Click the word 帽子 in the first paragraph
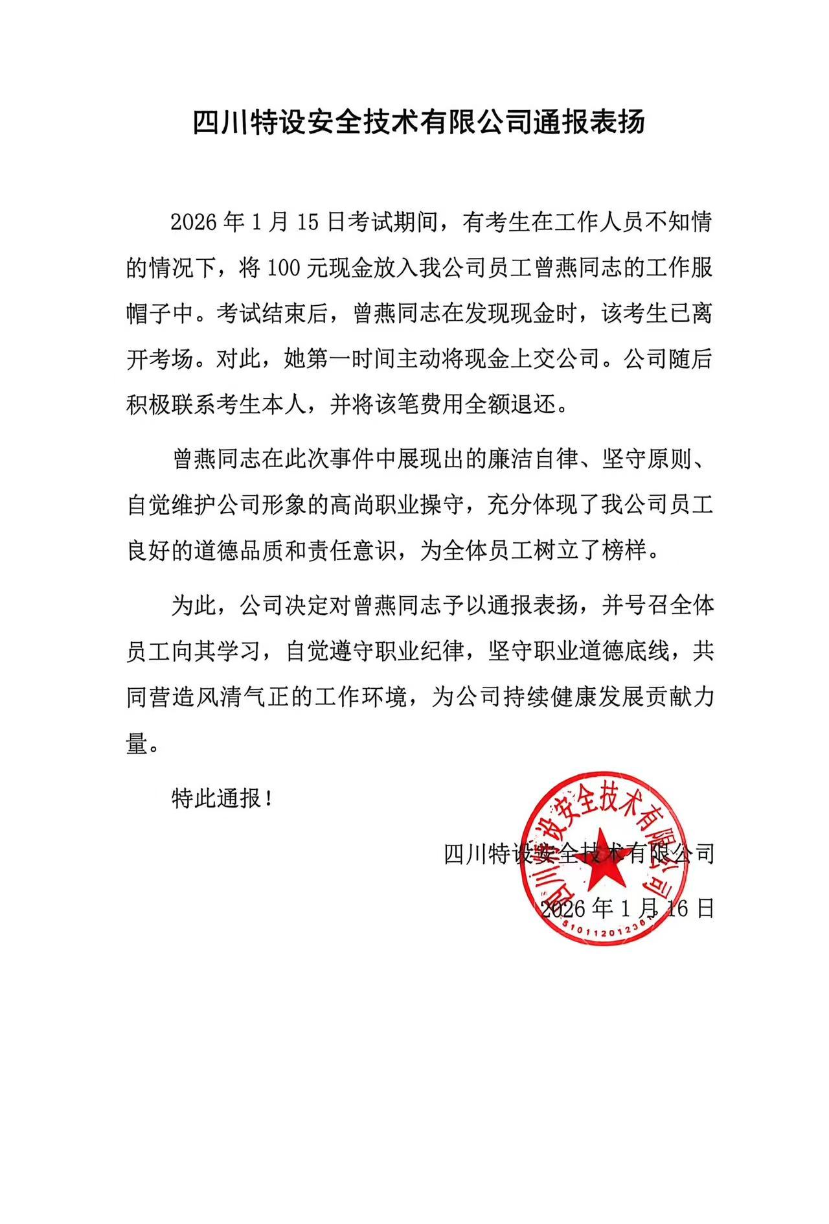160,314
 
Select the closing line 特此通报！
221,798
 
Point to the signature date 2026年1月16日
627,908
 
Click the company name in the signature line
579,853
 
